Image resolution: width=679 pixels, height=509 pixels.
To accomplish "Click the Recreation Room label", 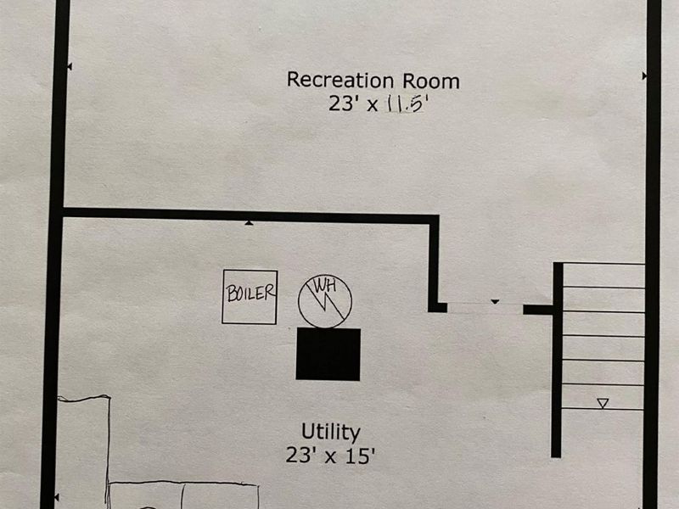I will pos(373,81).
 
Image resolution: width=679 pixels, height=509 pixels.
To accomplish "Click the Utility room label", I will pos(331,432).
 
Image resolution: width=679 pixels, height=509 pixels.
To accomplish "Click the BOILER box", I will pos(250,296).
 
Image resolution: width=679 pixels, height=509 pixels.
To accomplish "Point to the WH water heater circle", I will pos(324,300).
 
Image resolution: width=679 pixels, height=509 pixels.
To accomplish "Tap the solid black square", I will pos(328,354).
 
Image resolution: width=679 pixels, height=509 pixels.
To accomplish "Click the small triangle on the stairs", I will pos(603,404).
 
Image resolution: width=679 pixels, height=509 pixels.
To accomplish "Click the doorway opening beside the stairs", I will pos(485,309).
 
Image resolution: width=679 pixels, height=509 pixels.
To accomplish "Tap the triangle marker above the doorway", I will pos(495,301).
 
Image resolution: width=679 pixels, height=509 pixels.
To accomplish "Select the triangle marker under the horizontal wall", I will pos(249,223).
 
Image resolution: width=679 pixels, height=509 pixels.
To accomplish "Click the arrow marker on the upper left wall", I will pos(69,65).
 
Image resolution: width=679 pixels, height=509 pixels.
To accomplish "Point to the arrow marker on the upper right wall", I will pos(644,76).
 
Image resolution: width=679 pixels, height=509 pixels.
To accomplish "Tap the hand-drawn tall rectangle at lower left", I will pos(83,450).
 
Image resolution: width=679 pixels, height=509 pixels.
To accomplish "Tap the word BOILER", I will pos(250,294).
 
